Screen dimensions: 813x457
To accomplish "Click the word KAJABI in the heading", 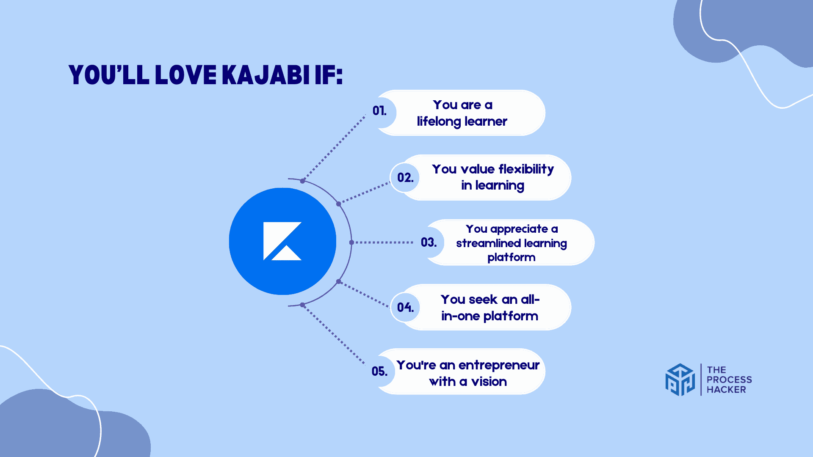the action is click(265, 75).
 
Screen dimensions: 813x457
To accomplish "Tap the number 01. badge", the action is click(380, 111).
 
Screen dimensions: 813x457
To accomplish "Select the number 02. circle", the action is click(405, 178).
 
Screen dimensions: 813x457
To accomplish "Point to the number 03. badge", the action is click(429, 242).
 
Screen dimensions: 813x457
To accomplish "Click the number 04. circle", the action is click(405, 307).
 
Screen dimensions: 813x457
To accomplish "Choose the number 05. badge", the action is click(380, 372).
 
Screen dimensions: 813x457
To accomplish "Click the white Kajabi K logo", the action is click(282, 241).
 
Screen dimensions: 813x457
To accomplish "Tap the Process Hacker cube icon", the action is click(680, 380).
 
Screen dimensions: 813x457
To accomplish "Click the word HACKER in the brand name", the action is click(726, 390).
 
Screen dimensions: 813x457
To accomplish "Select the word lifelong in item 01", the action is click(439, 121).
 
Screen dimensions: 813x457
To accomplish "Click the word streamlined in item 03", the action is click(488, 243).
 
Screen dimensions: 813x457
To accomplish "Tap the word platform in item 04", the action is click(511, 316).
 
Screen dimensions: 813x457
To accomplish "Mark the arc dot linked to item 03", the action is click(351, 242).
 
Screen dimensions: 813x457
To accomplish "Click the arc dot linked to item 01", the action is click(302, 181).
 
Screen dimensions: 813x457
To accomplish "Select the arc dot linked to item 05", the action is click(302, 305).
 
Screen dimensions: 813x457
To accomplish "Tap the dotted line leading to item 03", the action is click(384, 242).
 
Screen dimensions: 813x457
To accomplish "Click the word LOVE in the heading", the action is click(185, 75).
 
